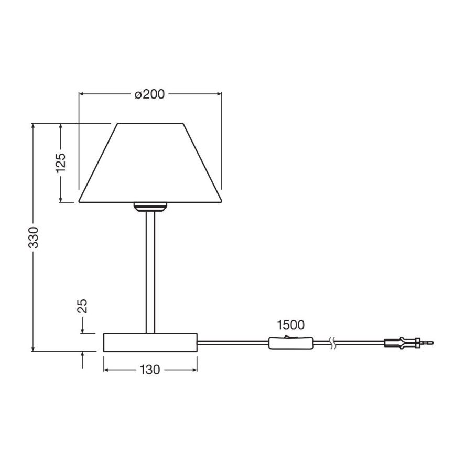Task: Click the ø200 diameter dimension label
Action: click(149, 94)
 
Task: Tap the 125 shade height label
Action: click(61, 163)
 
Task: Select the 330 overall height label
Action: click(34, 237)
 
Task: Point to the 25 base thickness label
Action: click(83, 306)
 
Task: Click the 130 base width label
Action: click(149, 370)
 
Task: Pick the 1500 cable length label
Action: click(291, 325)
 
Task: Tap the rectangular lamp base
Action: click(150, 342)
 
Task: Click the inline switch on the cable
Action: click(291, 343)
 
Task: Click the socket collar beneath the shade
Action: click(150, 206)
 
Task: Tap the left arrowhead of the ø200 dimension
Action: click(81, 94)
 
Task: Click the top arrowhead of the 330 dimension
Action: click(34, 126)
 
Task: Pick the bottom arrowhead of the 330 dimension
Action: click(34, 349)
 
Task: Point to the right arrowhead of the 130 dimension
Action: click(194, 370)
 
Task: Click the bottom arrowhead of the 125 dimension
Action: click(61, 199)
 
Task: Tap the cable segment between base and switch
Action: click(233, 343)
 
